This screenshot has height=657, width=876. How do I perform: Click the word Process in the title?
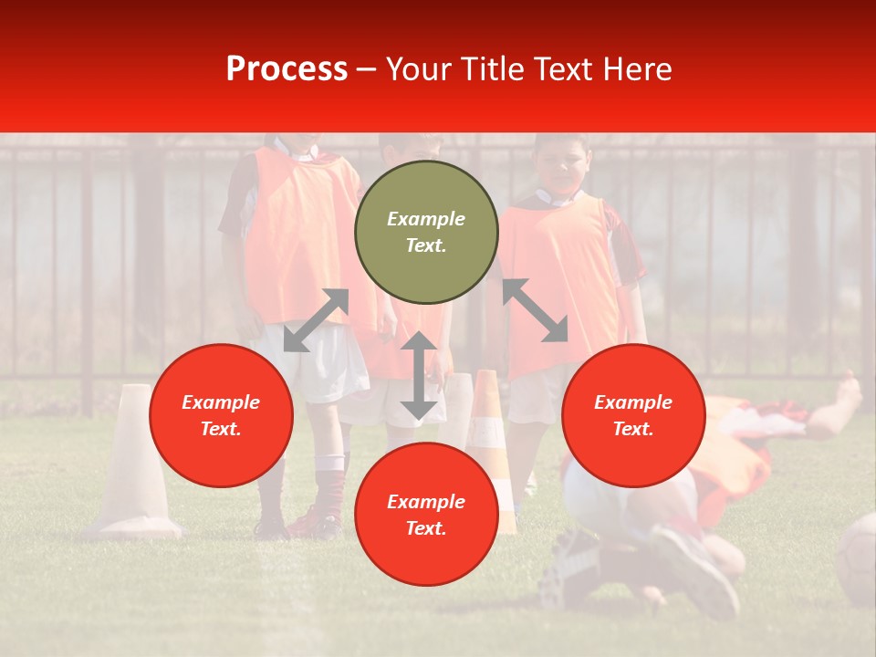pos(287,69)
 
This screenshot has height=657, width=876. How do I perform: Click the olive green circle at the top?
pos(426,232)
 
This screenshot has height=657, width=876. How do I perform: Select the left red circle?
pos(221,415)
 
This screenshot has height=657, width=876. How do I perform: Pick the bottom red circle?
pos(426,515)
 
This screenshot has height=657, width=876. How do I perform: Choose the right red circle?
pos(633,415)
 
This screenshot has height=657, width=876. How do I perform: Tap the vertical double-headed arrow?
pos(418,375)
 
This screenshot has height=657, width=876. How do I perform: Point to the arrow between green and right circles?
pos(536,310)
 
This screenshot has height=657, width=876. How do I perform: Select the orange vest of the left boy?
pos(297,228)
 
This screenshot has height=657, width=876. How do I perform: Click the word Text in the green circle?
pos(426,245)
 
